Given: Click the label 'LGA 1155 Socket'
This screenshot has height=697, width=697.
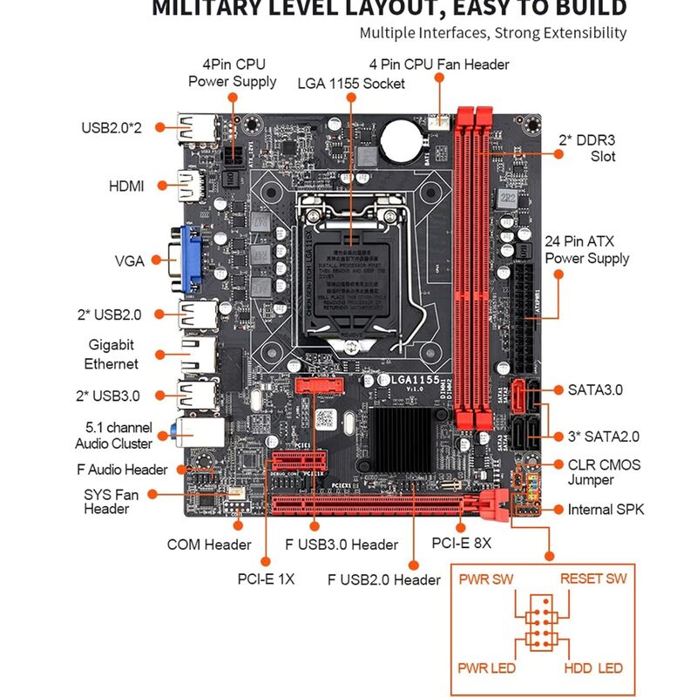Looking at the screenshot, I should point(351,84).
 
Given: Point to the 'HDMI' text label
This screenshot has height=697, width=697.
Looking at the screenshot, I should point(126,186).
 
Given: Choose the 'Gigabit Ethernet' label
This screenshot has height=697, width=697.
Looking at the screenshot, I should point(112,355).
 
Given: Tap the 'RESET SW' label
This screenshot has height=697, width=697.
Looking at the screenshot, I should point(592,579).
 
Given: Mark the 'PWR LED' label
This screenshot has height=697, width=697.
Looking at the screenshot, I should point(487,668).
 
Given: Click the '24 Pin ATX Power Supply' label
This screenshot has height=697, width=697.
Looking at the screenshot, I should point(586,250).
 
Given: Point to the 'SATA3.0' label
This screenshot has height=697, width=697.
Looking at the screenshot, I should point(595,389).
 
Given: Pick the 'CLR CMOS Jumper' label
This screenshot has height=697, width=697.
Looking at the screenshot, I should point(603,472).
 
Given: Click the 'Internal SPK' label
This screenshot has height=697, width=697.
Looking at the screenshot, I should point(606,509).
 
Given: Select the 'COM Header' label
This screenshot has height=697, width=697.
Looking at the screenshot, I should point(208,545).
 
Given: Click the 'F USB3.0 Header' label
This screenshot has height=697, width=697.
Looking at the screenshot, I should point(342,545).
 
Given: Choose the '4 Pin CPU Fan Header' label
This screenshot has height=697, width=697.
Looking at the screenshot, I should point(439,64).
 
